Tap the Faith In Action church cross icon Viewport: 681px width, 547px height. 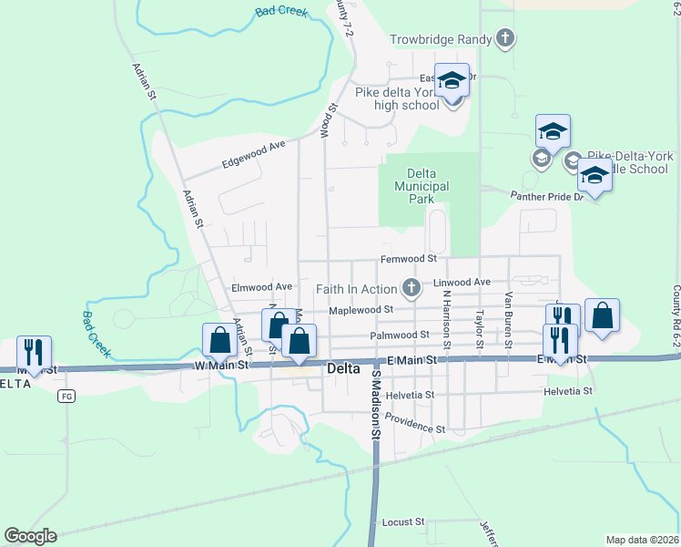pyautogui.click(x=412, y=289)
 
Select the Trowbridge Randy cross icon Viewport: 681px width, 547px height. pyautogui.click(x=505, y=39)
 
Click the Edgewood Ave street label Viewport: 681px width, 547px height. pyautogui.click(x=254, y=155)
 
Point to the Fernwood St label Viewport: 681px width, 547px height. pyautogui.click(x=409, y=260)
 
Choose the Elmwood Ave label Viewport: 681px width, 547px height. pyautogui.click(x=262, y=286)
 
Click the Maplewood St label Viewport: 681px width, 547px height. pyautogui.click(x=361, y=309)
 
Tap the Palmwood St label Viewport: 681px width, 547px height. pyautogui.click(x=400, y=335)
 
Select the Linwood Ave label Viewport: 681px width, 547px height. pyautogui.click(x=462, y=283)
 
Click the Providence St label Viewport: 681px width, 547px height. pyautogui.click(x=414, y=422)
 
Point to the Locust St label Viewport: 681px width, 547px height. pyautogui.click(x=403, y=522)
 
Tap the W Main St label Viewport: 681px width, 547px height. pyautogui.click(x=222, y=366)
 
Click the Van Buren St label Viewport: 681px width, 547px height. pyautogui.click(x=509, y=319)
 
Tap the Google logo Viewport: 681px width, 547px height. pyautogui.click(x=30, y=536)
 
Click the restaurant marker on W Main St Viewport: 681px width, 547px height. pyautogui.click(x=34, y=353)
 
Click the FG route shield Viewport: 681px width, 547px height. pyautogui.click(x=66, y=396)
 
